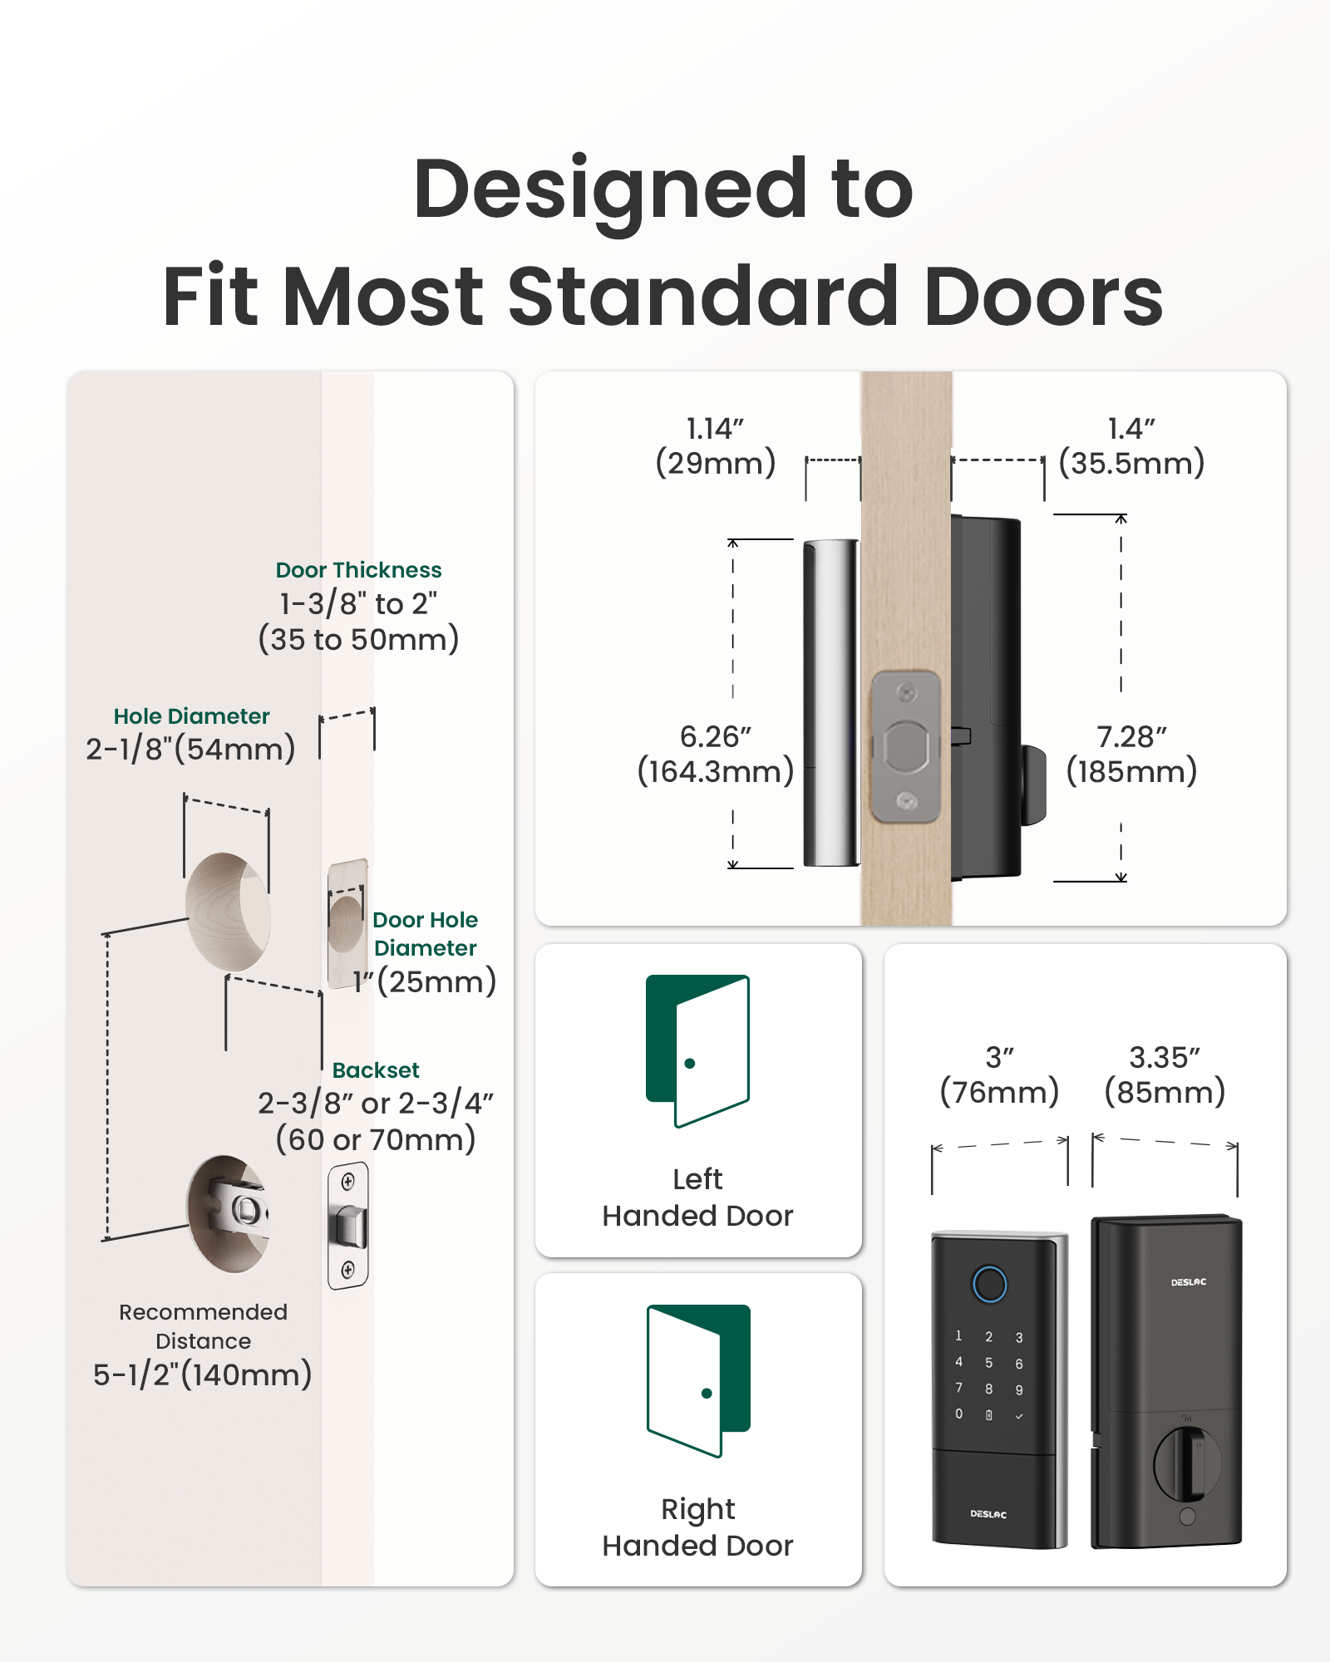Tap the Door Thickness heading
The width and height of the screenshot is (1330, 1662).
[358, 570]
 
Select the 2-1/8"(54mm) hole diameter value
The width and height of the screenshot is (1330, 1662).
[190, 749]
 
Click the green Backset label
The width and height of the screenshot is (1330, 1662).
[376, 1070]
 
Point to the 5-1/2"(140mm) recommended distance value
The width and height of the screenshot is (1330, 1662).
[202, 1374]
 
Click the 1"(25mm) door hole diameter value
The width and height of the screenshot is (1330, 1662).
[424, 981]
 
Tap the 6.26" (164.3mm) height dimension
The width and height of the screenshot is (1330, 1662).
[715, 755]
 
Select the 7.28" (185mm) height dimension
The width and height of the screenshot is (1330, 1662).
[1131, 755]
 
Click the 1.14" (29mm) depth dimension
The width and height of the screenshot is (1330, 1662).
[715, 446]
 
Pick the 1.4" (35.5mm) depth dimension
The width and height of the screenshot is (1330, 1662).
[1131, 446]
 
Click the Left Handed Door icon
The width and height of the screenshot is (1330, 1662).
[698, 1050]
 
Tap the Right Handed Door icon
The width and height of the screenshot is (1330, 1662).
[698, 1380]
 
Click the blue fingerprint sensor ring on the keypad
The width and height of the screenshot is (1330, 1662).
[989, 1284]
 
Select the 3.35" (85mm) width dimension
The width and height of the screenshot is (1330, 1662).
[1165, 1074]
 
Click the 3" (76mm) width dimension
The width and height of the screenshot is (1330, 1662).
[999, 1074]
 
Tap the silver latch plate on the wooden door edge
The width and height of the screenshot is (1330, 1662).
[906, 746]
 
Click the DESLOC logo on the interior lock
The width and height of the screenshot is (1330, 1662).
[1188, 1282]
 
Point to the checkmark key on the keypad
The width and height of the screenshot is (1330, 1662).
[1019, 1416]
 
